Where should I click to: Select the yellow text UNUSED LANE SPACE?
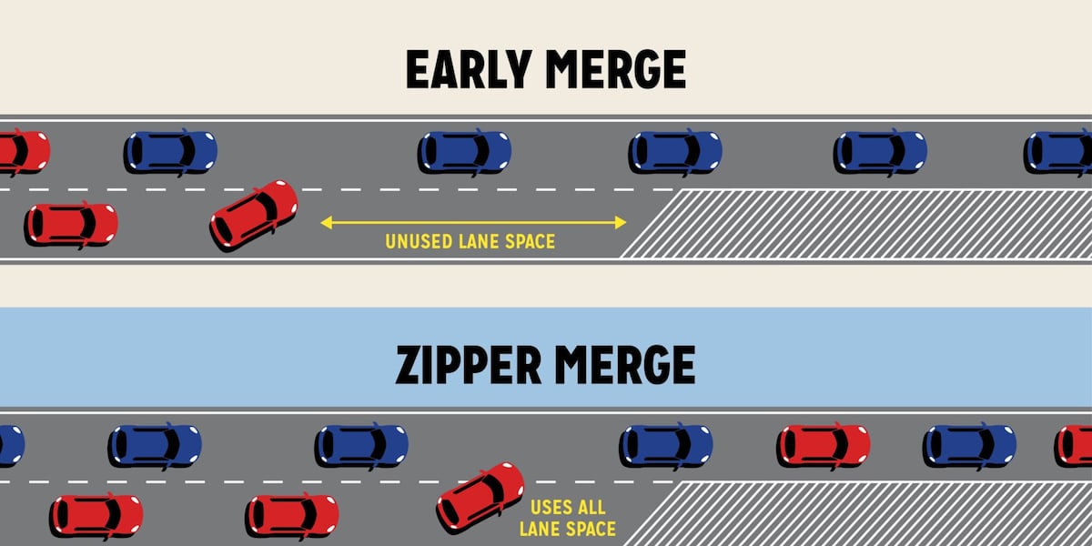pos(470,242)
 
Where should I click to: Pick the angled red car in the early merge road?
pos(254,214)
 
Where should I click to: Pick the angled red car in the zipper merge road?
pos(480,496)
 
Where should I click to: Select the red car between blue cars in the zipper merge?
pos(824,445)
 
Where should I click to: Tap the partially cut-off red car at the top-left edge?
pos(22,152)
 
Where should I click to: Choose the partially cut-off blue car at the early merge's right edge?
pos(1059,152)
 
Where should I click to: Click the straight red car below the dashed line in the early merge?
pos(71,224)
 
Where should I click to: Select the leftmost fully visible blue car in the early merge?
pos(171,152)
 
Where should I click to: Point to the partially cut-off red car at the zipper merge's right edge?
pos(1075,445)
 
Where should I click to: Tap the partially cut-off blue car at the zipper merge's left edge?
pos(10,445)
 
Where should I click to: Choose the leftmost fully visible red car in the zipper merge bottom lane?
pos(96,515)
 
